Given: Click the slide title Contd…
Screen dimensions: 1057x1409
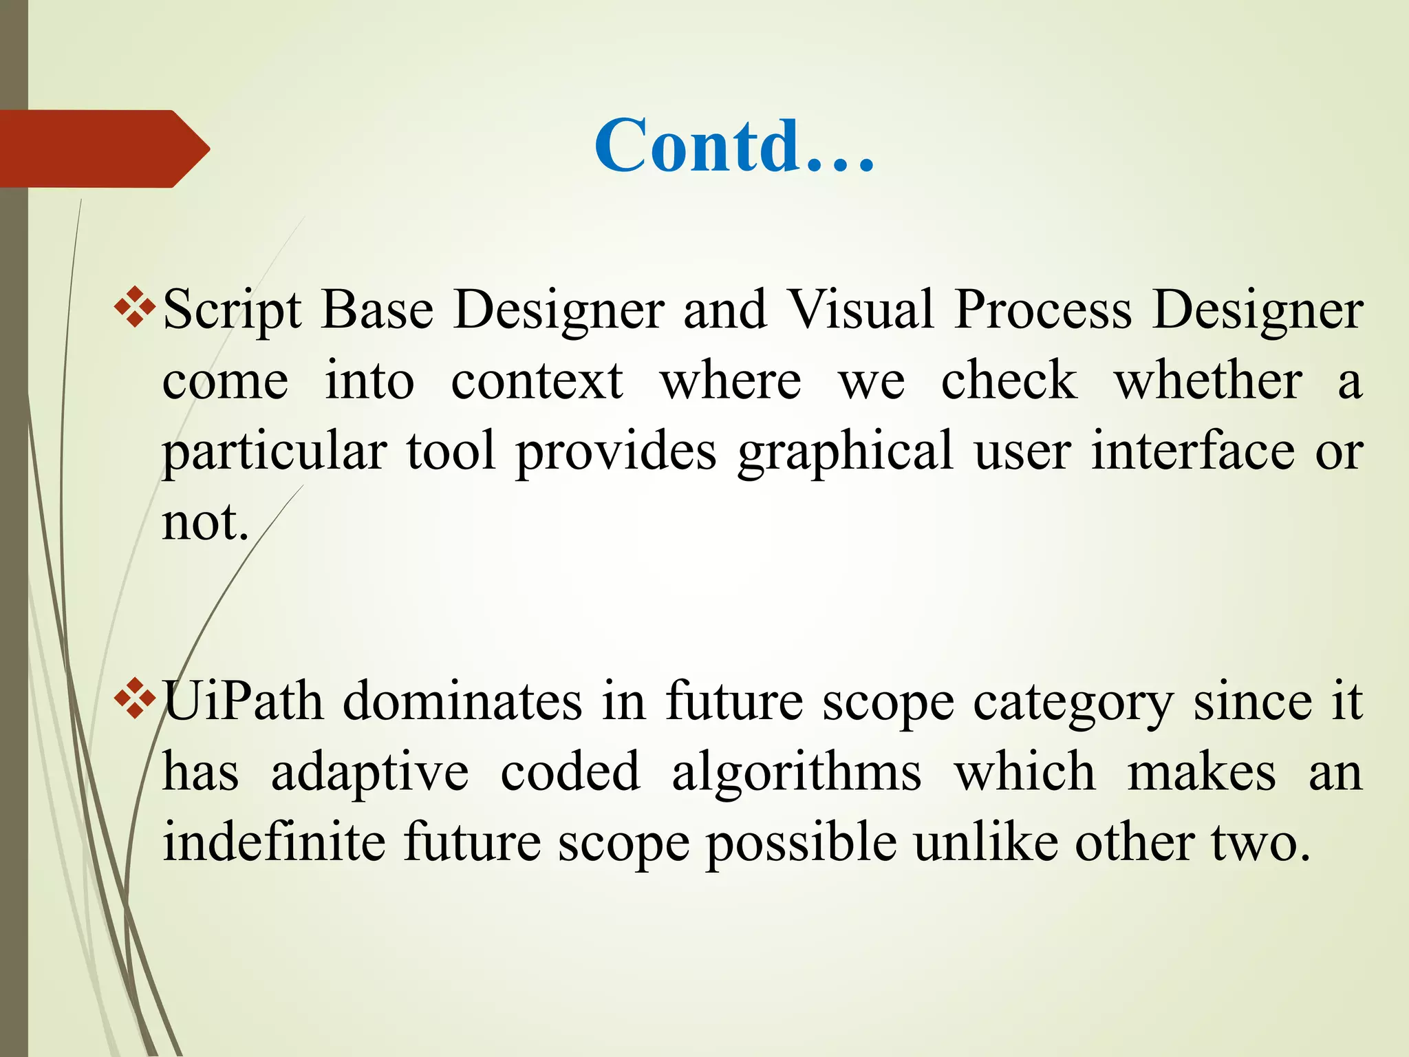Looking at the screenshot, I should point(734,146).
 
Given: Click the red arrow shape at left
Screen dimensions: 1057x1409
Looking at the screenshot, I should point(103,149).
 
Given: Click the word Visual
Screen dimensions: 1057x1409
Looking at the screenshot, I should point(860,310).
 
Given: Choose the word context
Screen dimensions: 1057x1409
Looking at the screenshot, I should point(537,381).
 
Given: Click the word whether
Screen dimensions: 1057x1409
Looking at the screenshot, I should point(1208,381).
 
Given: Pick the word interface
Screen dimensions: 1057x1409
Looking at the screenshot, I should point(1193,451).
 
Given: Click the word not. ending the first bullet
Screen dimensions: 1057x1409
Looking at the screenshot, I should point(204,522).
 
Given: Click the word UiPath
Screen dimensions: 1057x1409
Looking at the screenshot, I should point(243,702).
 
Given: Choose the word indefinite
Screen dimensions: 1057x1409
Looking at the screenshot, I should point(273,843).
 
